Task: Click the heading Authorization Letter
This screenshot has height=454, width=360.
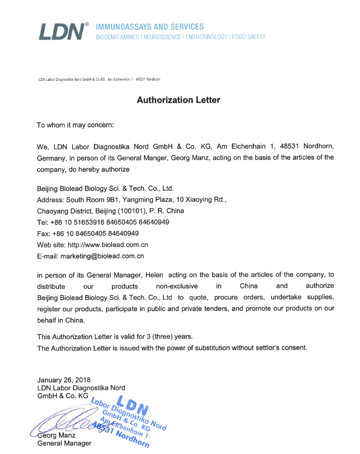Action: pyautogui.click(x=179, y=101)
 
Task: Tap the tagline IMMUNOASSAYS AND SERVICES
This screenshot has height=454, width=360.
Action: pyautogui.click(x=150, y=27)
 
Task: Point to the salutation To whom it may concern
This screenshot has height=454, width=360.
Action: pyautogui.click(x=75, y=125)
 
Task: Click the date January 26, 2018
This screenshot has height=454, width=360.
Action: pyautogui.click(x=64, y=379)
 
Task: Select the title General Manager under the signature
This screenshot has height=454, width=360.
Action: pyautogui.click(x=64, y=444)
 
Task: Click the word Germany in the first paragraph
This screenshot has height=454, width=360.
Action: pyautogui.click(x=52, y=158)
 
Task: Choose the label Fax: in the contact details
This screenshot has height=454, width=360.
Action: pyautogui.click(x=44, y=233)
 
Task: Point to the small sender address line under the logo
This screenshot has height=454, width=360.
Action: pyautogui.click(x=99, y=79)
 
